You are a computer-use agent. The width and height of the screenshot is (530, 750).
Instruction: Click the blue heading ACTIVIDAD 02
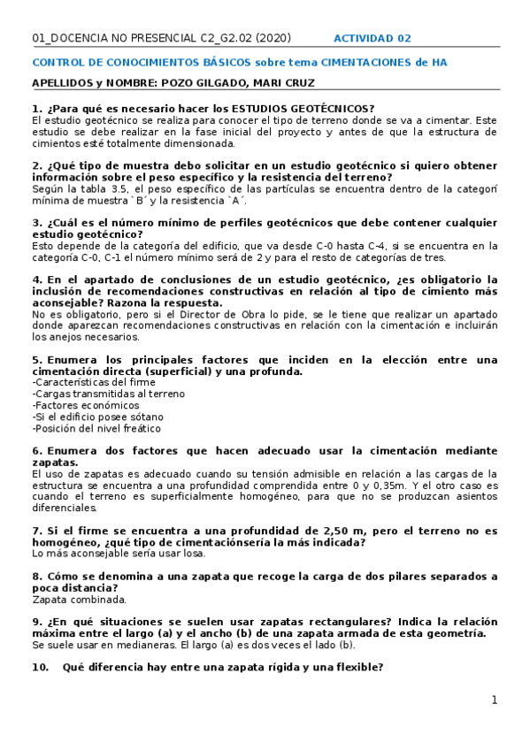372,38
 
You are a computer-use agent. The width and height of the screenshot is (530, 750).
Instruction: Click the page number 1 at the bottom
495,700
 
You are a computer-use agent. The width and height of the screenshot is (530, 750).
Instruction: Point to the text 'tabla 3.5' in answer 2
98,188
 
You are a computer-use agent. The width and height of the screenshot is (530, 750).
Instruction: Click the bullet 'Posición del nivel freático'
96,428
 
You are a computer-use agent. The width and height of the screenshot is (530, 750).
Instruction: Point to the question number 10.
41,668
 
